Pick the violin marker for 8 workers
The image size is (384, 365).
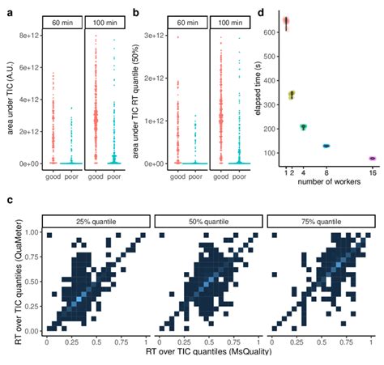[326, 146]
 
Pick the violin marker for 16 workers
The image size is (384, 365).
[373, 159]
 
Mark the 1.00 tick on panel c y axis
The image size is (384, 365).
[32, 233]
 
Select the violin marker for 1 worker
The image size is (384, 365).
[286, 21]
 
